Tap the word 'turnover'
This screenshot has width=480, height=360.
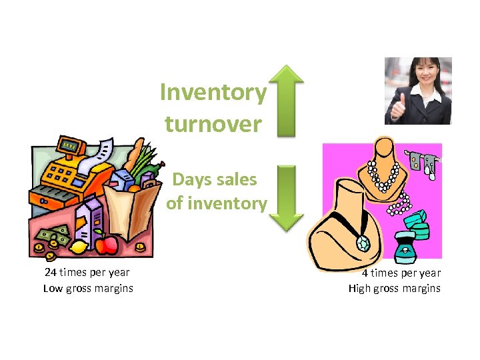(213, 123)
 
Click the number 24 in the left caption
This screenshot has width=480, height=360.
(50, 272)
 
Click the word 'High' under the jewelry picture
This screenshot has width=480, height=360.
(361, 288)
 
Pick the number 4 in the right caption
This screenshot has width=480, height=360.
(365, 273)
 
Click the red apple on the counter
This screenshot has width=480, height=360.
(105, 244)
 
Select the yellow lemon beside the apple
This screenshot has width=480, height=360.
(79, 247)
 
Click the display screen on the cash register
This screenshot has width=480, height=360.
(69, 145)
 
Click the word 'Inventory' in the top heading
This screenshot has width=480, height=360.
(213, 93)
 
